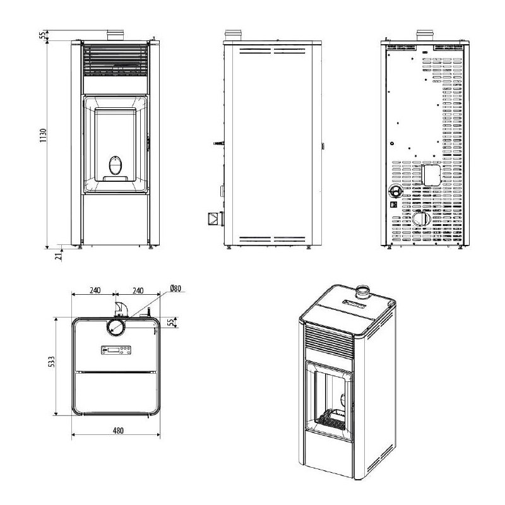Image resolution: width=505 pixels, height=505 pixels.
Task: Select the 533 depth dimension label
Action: pyautogui.click(x=54, y=362)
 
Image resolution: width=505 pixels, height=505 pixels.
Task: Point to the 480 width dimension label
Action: pyautogui.click(x=117, y=431)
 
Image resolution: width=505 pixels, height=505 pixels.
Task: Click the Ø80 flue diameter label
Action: pyautogui.click(x=175, y=288)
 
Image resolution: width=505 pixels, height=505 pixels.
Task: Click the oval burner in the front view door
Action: pyautogui.click(x=114, y=166)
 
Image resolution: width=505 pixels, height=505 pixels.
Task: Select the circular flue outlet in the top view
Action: pyautogui.click(x=116, y=326)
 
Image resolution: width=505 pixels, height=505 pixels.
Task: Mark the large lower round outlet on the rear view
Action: pyautogui.click(x=420, y=220)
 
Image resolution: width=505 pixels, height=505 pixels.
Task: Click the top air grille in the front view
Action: pyautogui.click(x=115, y=60)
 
